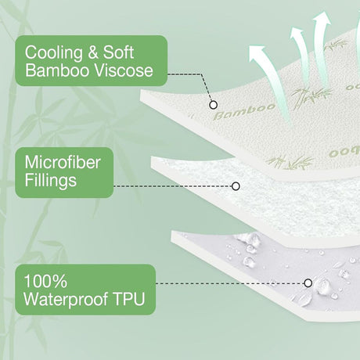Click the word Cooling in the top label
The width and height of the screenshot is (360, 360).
pyautogui.click(x=54, y=53)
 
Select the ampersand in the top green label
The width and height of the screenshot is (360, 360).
pyautogui.click(x=93, y=52)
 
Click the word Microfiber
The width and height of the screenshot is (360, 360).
pyautogui.click(x=63, y=163)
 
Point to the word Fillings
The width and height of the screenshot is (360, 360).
pyautogui.click(x=51, y=181)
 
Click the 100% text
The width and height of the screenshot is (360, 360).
pyautogui.click(x=45, y=281)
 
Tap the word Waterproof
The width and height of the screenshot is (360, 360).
pyautogui.click(x=66, y=299)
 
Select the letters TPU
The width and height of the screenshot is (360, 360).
pyautogui.click(x=128, y=299)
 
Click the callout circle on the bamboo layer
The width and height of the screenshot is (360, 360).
pyautogui.click(x=214, y=105)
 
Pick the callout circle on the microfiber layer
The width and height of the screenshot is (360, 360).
pyautogui.click(x=236, y=186)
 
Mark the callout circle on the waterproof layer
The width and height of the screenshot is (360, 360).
pyautogui.click(x=308, y=283)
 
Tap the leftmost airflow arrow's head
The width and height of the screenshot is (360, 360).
pyautogui.click(x=257, y=53)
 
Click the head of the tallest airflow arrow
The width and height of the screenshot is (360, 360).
pyautogui.click(x=322, y=19)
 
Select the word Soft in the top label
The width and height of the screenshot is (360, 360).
pyautogui.click(x=119, y=52)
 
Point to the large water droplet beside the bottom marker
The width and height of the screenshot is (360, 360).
pyautogui.click(x=322, y=286)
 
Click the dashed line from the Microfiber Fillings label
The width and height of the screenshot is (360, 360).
pyautogui.click(x=173, y=186)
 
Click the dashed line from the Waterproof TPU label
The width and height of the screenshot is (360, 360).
pyautogui.click(x=230, y=283)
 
